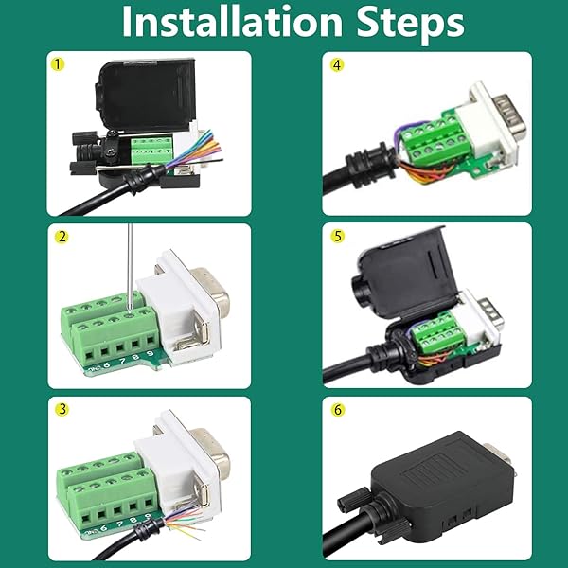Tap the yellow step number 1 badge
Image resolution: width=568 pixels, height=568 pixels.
60,65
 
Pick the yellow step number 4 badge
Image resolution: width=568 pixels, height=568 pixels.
337,65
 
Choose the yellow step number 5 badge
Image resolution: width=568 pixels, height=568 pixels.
337,238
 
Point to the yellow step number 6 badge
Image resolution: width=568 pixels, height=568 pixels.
337,410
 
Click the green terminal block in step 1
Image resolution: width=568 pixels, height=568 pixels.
150,148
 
